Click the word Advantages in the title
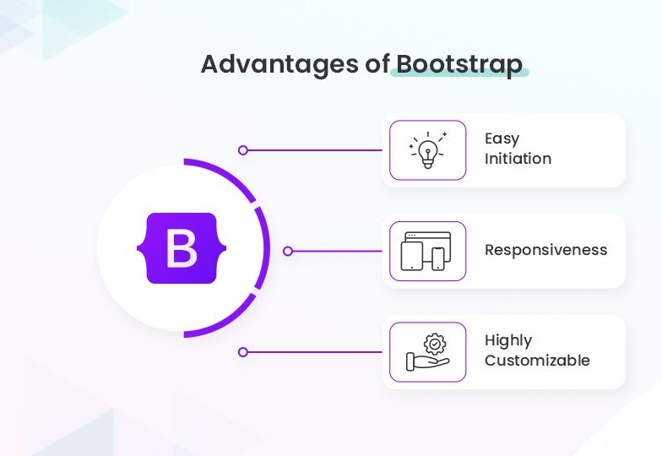(x=279, y=65)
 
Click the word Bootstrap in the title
(x=459, y=64)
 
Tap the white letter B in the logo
(x=182, y=248)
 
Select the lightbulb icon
(x=427, y=150)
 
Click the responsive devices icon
(x=426, y=251)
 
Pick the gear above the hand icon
(x=434, y=345)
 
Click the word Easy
(x=502, y=138)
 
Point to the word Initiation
(x=518, y=159)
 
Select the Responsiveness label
(x=545, y=250)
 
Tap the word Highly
(x=508, y=341)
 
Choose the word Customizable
(x=537, y=361)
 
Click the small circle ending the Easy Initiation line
(x=243, y=150)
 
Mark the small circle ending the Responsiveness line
(x=287, y=252)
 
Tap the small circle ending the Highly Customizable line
(x=243, y=352)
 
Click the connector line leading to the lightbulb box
(x=315, y=150)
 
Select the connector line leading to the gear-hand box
(x=315, y=352)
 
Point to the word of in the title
(x=377, y=64)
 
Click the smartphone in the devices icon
(x=437, y=258)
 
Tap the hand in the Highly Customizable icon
(x=427, y=361)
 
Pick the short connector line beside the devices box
(x=338, y=252)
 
